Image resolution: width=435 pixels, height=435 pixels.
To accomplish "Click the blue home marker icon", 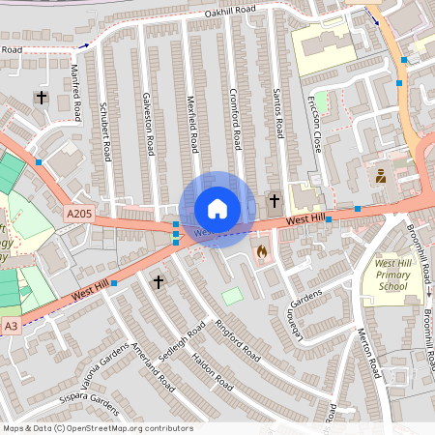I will point(217,209).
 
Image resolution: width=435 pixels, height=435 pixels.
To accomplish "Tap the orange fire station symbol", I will point(261,251).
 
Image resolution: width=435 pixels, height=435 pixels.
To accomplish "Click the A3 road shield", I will point(11,327).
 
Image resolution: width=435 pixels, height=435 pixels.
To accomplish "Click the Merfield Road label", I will point(192,126).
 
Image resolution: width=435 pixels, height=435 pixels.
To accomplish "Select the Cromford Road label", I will point(234,120).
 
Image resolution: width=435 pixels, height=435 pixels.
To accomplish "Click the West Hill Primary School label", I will point(397,275).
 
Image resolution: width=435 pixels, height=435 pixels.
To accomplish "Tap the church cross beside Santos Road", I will point(275,201).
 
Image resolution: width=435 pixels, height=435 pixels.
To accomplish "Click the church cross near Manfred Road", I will point(41,98).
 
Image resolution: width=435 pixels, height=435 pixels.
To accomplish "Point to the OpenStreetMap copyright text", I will point(98,428).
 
